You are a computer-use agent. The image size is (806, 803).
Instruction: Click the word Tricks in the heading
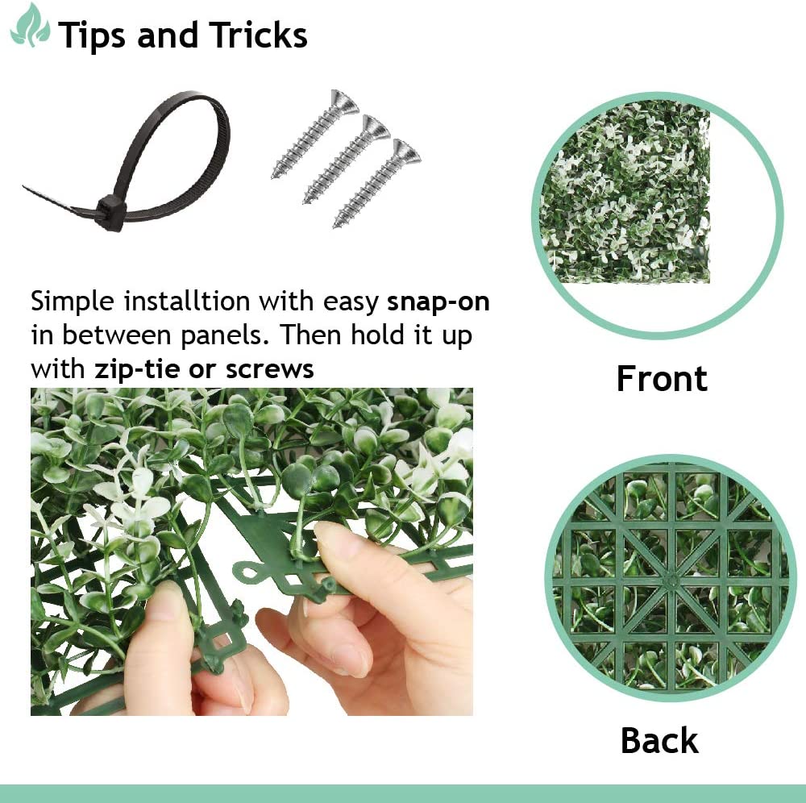(258, 35)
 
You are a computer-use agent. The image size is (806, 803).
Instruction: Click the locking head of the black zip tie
(110, 212)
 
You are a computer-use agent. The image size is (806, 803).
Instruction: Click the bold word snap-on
(438, 303)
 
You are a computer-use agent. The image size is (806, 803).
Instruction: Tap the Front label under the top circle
(662, 378)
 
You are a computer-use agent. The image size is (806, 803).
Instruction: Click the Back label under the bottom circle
(659, 740)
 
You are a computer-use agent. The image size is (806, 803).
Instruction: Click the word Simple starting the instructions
(73, 303)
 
